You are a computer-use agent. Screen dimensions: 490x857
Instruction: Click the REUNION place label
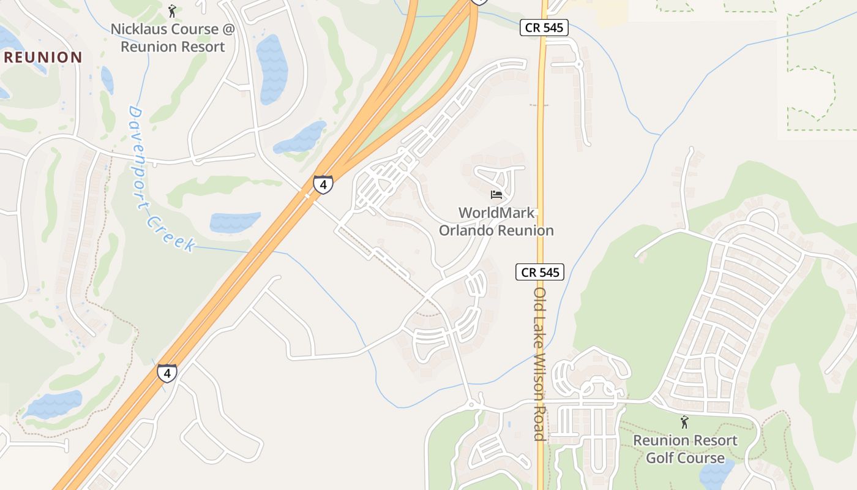point(43,58)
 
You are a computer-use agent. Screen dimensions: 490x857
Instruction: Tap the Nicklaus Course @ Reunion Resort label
point(173,37)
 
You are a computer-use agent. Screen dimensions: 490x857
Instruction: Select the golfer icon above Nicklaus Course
point(173,11)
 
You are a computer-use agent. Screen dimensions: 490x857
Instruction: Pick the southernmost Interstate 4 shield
point(167,372)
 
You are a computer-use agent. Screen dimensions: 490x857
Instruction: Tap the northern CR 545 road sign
point(544,28)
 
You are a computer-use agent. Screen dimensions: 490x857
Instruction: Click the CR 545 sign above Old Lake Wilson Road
point(539,272)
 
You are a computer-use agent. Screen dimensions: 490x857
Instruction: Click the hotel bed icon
point(496,195)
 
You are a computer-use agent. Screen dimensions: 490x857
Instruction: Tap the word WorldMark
point(496,213)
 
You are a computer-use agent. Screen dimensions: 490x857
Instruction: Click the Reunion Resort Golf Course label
point(685,449)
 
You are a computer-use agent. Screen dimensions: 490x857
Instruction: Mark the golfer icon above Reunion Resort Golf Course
point(684,422)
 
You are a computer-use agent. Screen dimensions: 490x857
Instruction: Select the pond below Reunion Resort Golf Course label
point(716,475)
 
